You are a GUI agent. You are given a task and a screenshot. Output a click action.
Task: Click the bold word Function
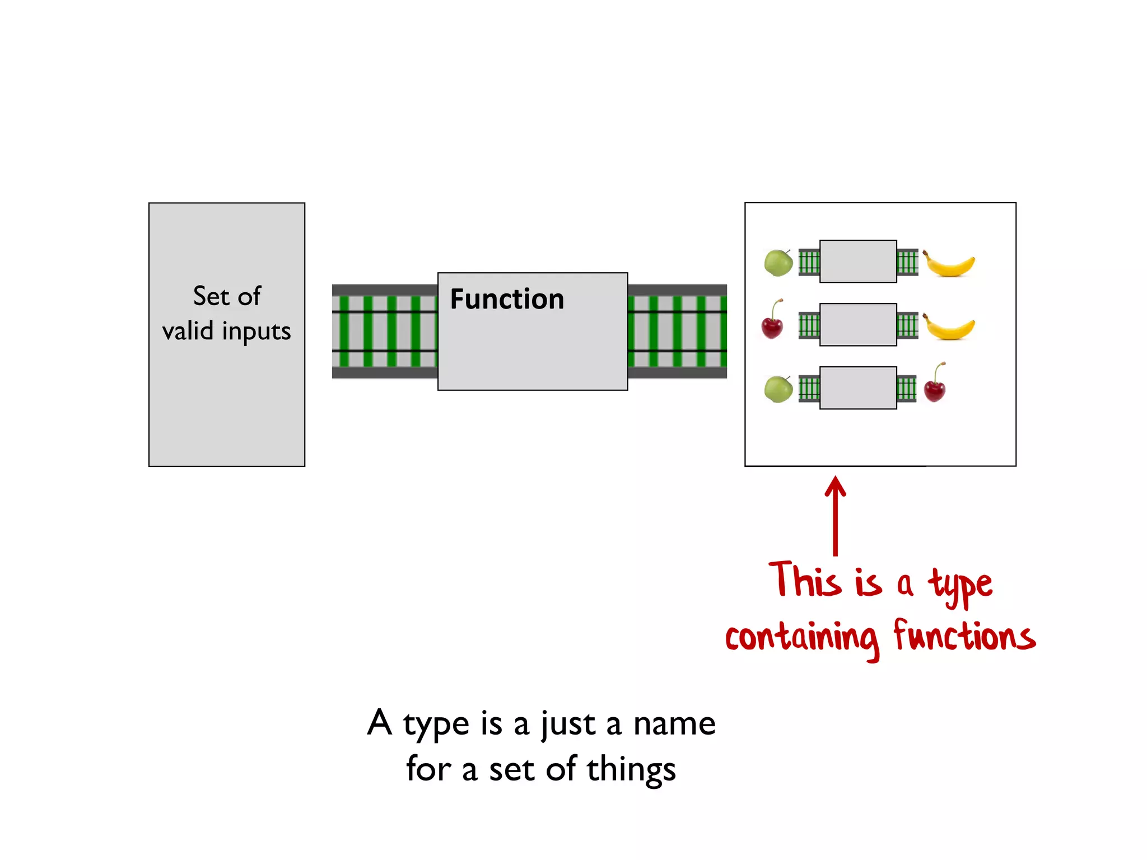(507, 299)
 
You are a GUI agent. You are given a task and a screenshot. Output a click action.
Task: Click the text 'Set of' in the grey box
(227, 296)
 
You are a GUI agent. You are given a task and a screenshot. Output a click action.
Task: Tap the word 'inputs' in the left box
(257, 331)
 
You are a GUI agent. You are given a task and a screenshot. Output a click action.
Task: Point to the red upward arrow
(835, 515)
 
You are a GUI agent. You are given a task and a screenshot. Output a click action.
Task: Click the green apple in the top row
(778, 263)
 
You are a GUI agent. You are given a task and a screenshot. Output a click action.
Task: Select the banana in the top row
(949, 264)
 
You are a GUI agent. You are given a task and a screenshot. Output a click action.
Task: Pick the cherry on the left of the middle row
(772, 321)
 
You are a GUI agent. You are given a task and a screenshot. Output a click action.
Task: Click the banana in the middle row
(949, 327)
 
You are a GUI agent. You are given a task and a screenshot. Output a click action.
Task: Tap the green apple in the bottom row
(778, 389)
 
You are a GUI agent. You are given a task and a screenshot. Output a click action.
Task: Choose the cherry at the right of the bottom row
(935, 384)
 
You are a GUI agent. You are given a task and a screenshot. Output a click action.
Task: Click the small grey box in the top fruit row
(858, 261)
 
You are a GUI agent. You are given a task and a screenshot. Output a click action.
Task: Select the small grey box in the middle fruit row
(858, 325)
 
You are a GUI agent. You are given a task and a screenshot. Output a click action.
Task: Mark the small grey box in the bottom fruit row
(858, 388)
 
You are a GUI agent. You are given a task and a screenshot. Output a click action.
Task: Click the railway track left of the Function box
(385, 331)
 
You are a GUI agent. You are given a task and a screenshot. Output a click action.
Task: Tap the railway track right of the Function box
(677, 331)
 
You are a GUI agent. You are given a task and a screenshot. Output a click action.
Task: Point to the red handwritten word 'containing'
(802, 638)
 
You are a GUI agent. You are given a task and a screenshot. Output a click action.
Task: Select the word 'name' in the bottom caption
(674, 723)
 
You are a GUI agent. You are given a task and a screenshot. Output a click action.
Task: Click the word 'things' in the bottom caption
(631, 770)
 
